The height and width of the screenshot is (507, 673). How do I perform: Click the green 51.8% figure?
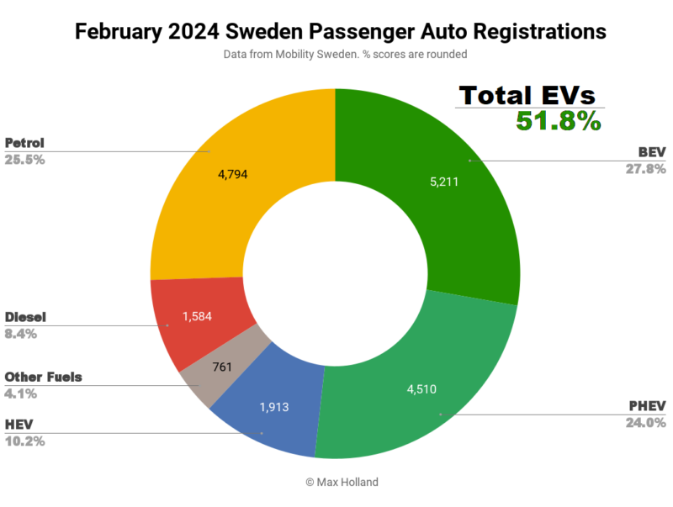[x=558, y=121]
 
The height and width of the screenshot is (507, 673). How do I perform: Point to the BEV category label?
[x=652, y=152]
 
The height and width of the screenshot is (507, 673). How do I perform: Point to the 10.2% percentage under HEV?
[x=25, y=441]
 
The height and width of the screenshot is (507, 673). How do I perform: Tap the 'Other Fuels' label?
[x=44, y=377]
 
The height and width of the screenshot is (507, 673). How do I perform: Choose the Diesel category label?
[x=26, y=317]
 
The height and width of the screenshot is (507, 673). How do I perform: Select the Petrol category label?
[x=26, y=142]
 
